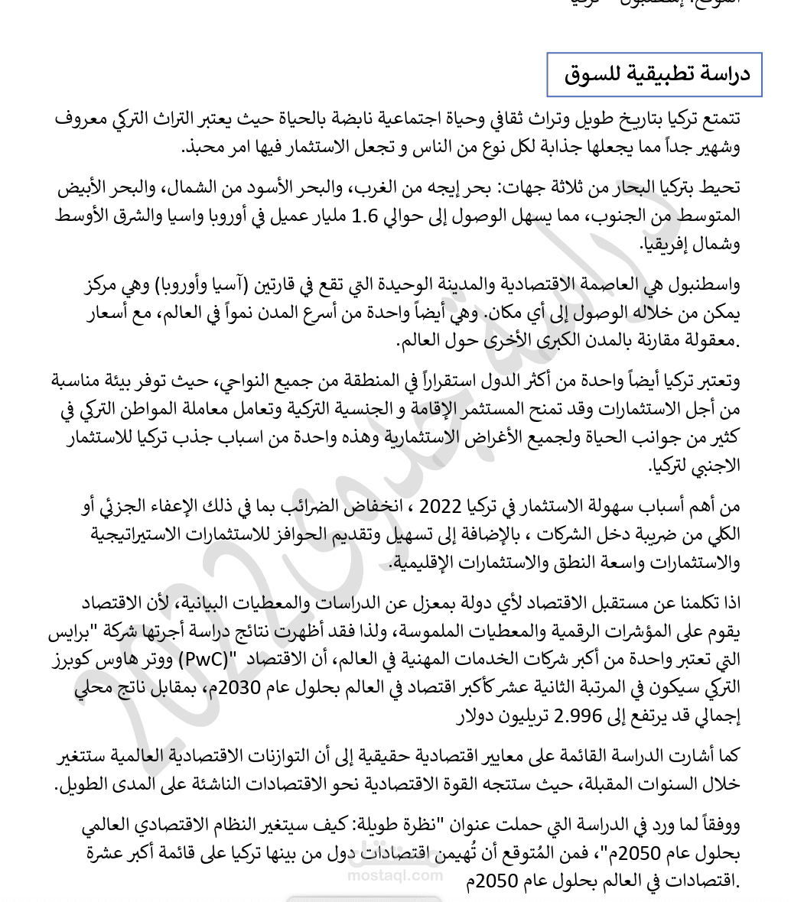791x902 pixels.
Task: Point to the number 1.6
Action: click(x=363, y=216)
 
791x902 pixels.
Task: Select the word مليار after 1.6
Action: click(x=326, y=216)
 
